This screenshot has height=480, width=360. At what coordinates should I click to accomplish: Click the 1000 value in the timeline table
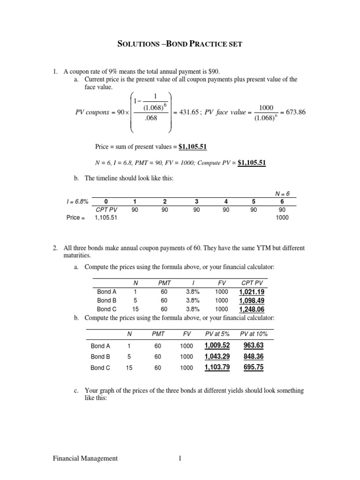click(283, 217)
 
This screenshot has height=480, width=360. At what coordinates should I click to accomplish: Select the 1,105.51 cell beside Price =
click(106, 217)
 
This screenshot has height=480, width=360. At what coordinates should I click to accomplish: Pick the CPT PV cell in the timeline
click(106, 210)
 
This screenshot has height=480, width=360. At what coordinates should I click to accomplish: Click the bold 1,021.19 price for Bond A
click(252, 292)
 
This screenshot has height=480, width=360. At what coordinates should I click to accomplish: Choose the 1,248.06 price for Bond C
click(252, 309)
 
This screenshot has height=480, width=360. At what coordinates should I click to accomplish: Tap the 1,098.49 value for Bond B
click(252, 301)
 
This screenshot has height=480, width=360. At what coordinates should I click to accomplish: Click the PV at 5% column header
click(217, 334)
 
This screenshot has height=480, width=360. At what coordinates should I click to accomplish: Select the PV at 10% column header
click(254, 334)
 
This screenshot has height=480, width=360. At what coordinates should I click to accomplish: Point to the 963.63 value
click(254, 346)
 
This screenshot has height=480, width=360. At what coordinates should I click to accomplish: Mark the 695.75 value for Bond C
click(254, 367)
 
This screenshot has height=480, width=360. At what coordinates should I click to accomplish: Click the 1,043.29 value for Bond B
click(217, 357)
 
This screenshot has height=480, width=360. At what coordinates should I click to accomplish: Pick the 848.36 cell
click(254, 357)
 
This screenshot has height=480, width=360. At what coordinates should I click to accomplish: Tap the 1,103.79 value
click(217, 367)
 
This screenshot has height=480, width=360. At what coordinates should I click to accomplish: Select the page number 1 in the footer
click(180, 458)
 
